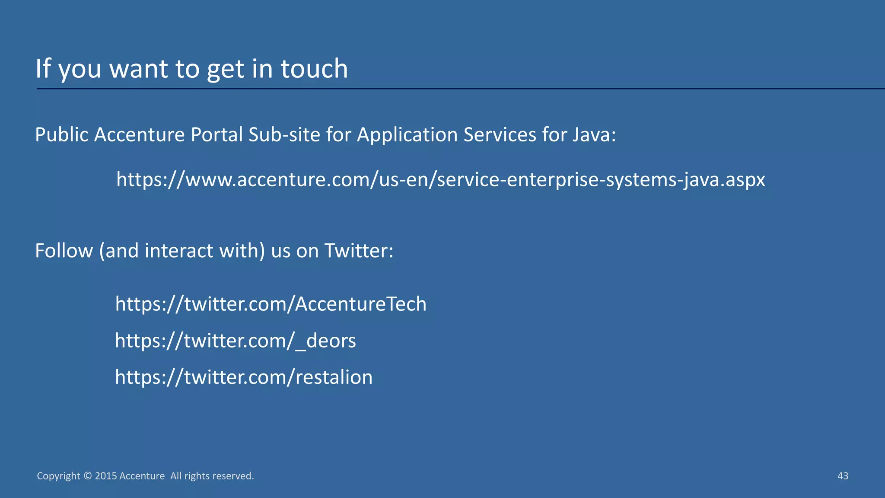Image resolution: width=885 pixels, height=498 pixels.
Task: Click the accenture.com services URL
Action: pos(440,179)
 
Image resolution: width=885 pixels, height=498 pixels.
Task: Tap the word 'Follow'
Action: pos(64,251)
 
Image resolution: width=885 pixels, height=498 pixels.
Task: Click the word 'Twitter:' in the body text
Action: pos(359,251)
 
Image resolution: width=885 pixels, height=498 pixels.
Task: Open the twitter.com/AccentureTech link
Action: pos(271,304)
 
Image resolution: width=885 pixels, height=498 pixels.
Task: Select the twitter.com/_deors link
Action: pos(236,341)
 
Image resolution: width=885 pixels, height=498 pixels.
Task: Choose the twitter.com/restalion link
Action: pos(244,377)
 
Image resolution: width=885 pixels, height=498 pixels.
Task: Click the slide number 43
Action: pos(843,476)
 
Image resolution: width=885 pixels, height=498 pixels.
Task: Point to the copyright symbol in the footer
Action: pos(88,476)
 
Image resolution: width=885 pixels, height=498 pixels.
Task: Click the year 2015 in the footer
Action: pos(106,476)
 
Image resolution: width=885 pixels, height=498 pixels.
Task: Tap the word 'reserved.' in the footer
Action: pos(235,476)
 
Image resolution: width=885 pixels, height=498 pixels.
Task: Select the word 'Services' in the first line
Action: pos(500,135)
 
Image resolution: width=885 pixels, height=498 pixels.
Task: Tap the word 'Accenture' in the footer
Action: pos(142,476)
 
